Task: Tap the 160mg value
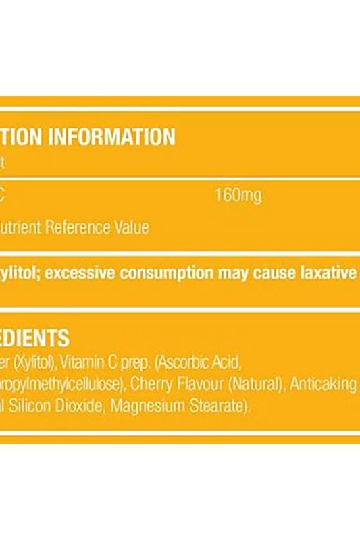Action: coord(237,196)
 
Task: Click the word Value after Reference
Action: coord(132,227)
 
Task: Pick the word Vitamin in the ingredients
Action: coord(80,364)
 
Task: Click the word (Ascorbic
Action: coord(180,364)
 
